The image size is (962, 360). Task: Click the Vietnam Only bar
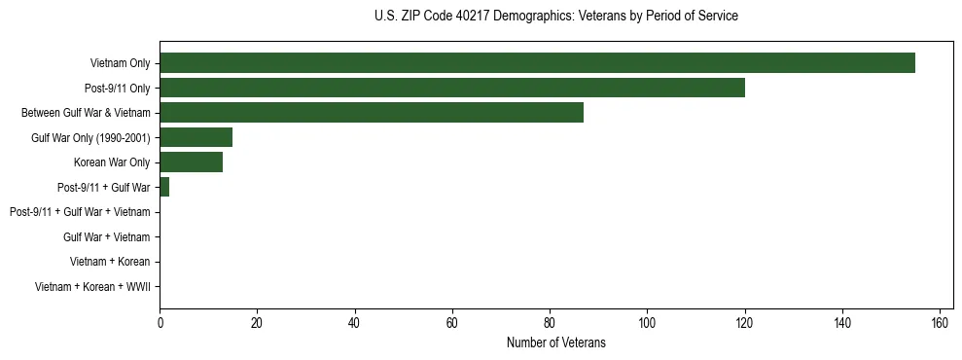tap(537, 63)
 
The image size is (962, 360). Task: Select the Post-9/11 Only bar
tap(452, 88)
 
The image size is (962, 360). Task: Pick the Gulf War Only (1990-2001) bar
tap(196, 137)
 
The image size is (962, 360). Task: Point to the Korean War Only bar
tap(191, 162)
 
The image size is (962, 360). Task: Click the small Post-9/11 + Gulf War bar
tap(164, 187)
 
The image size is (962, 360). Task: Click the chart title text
tap(555, 17)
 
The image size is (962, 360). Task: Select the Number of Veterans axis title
tap(555, 342)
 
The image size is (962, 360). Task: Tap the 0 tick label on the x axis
tap(160, 323)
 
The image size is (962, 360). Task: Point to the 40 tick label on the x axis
tap(355, 323)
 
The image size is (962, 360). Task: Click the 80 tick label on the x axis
tap(550, 323)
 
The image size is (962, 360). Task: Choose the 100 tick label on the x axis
tap(647, 323)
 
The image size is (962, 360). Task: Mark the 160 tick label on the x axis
tap(940, 323)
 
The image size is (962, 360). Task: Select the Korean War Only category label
tap(112, 162)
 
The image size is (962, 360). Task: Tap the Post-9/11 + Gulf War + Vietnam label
tap(80, 212)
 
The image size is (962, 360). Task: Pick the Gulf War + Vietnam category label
tap(106, 236)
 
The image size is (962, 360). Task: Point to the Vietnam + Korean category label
tap(110, 262)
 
